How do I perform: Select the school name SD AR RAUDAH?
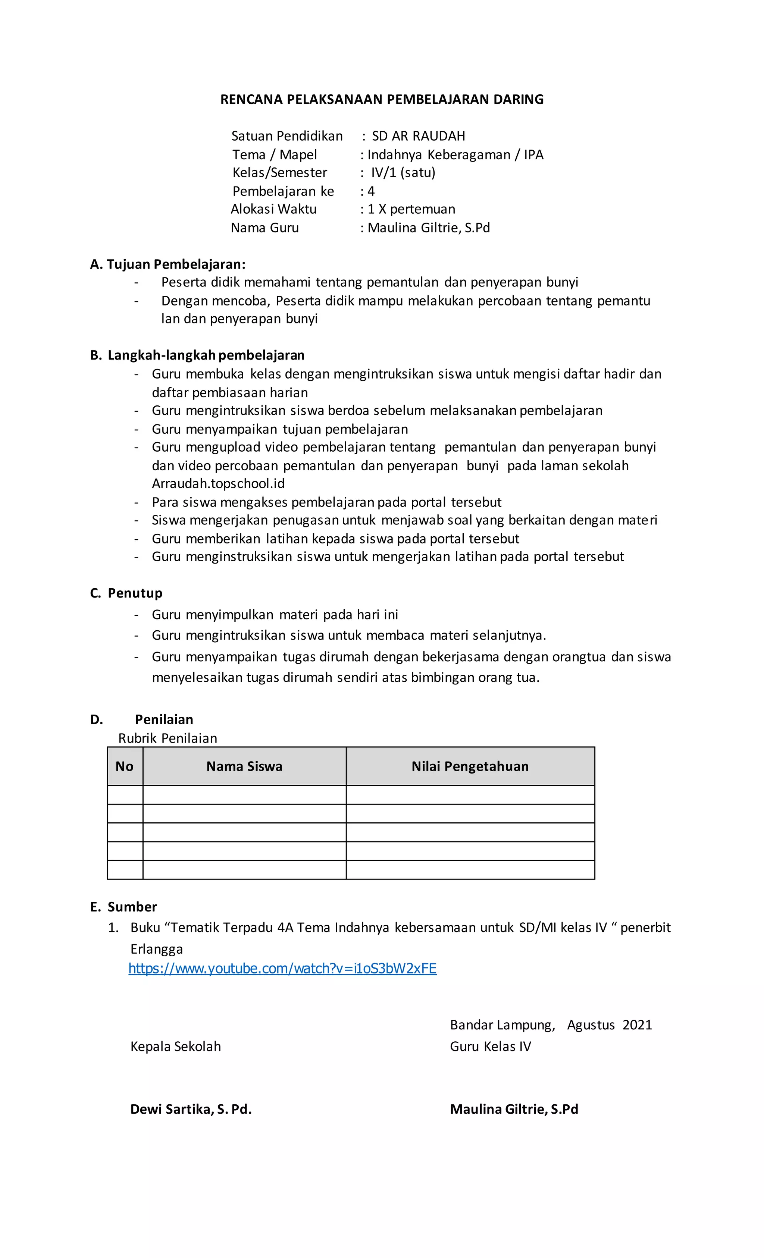418,136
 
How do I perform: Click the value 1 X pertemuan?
411,209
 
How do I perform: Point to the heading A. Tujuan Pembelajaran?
167,264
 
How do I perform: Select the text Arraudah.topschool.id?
218,483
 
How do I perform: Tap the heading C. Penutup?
126,593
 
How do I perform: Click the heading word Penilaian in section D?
164,719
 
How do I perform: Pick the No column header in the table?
125,766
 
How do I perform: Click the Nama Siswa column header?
244,766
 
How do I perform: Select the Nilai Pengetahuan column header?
470,766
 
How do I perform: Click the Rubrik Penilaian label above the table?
167,738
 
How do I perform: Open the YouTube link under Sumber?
282,969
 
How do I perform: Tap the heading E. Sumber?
123,907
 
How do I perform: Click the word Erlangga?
156,949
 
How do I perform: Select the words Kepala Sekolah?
176,1047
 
